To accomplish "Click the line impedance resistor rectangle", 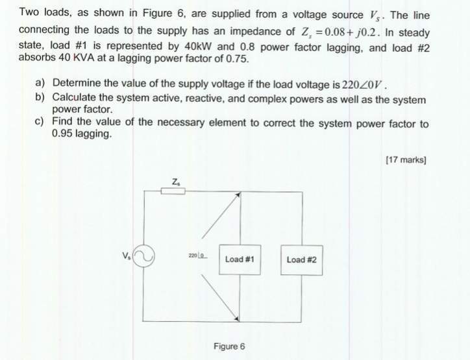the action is (x=173, y=191).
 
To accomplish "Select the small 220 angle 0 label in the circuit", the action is (x=198, y=256).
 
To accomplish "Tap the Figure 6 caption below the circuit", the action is (x=229, y=346).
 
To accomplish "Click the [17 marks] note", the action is (x=406, y=160).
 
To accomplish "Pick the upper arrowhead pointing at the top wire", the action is (x=238, y=195).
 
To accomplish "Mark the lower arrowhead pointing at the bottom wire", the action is (x=237, y=319).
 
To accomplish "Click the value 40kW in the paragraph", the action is (x=199, y=47).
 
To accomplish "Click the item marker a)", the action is (x=40, y=82).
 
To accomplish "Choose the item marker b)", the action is (x=40, y=97).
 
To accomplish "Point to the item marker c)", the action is (x=40, y=121).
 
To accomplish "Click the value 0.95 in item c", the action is (x=62, y=133).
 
